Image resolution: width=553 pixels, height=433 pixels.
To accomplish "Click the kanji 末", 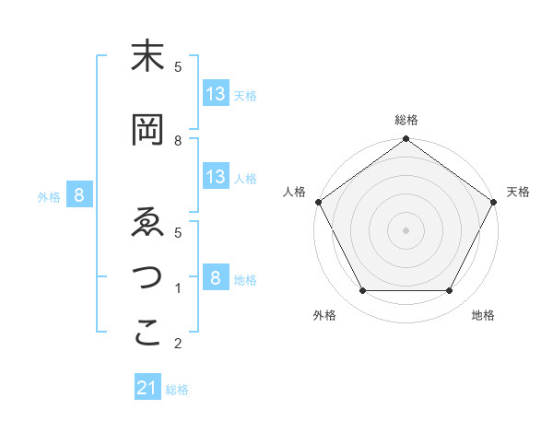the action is click(x=148, y=58).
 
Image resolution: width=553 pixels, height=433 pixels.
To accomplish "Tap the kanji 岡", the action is click(x=148, y=131).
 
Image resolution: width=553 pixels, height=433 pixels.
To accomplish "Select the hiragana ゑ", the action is click(x=148, y=223).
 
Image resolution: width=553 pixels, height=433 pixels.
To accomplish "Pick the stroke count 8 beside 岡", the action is click(x=178, y=140).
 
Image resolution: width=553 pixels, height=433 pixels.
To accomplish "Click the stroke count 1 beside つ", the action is click(x=178, y=288).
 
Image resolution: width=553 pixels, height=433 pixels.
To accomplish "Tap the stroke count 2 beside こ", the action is click(x=178, y=344).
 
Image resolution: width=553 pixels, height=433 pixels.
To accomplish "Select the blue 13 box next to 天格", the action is click(x=216, y=94).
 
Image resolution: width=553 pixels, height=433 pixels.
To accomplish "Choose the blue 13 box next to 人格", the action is click(x=216, y=177).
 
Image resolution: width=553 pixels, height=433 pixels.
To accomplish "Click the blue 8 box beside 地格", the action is click(x=216, y=278).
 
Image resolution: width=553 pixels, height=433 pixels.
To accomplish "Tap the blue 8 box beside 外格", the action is click(x=80, y=195).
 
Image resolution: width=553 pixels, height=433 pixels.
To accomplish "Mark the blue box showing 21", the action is click(x=147, y=389).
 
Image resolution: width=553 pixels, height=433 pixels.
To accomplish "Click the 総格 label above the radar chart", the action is click(x=406, y=120).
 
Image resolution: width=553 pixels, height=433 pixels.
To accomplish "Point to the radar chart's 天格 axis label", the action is click(x=518, y=192).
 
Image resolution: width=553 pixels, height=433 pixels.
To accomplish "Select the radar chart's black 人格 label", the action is click(x=295, y=192).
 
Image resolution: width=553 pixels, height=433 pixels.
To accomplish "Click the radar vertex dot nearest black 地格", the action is click(x=450, y=291).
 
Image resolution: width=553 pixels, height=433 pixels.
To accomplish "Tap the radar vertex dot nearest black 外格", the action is click(x=362, y=291).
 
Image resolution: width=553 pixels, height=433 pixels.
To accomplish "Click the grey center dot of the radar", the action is click(x=406, y=229).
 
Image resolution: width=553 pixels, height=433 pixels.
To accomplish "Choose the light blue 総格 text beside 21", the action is click(x=177, y=390).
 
